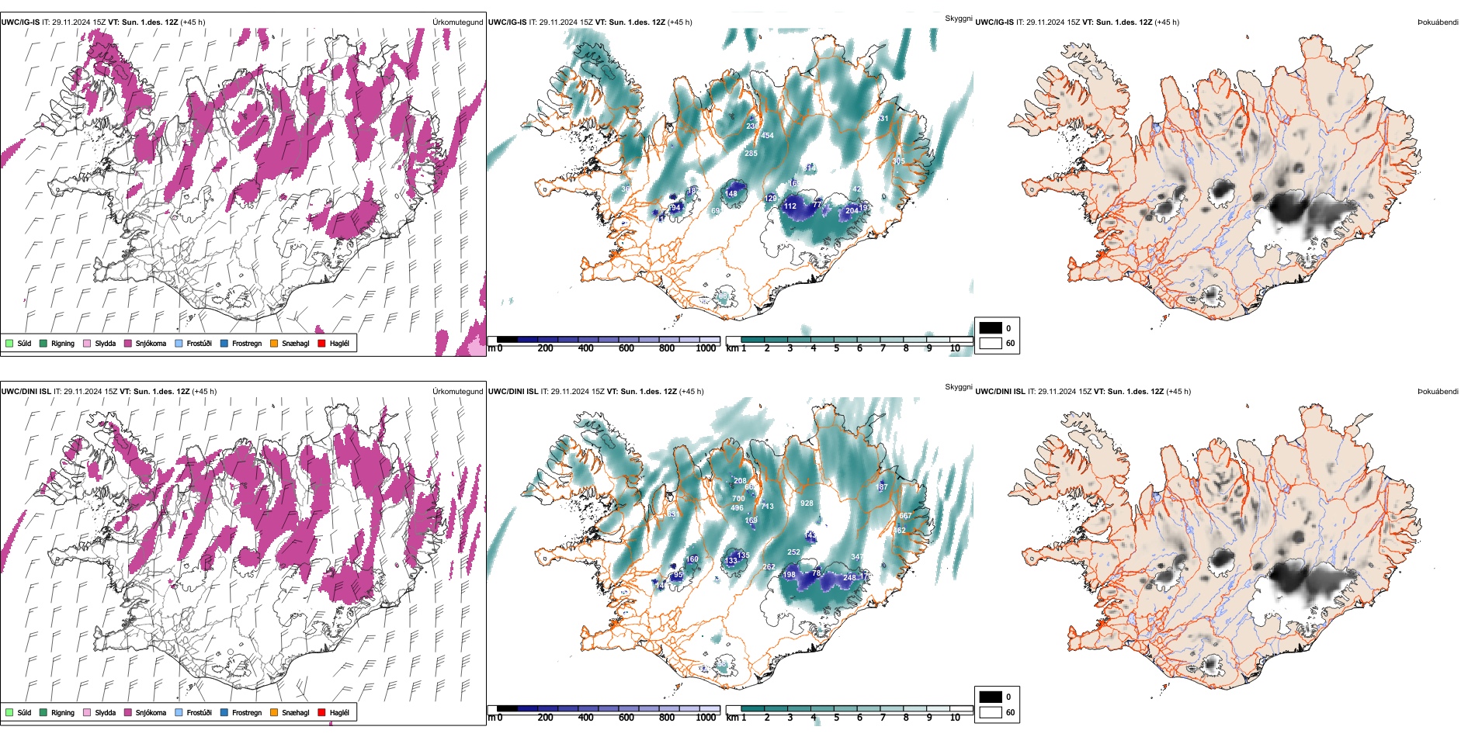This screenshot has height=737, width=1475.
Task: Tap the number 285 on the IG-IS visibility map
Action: (x=751, y=154)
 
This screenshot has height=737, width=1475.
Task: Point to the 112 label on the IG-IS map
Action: (x=790, y=206)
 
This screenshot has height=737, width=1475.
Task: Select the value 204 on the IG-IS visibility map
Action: (x=852, y=211)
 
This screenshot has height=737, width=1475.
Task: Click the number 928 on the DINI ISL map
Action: (x=807, y=503)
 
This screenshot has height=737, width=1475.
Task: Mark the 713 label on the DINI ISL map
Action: (x=767, y=507)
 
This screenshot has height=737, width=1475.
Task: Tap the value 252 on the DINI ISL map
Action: (x=793, y=552)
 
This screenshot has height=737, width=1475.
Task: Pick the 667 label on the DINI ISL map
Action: (x=905, y=516)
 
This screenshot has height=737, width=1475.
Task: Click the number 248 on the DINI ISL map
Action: (x=849, y=577)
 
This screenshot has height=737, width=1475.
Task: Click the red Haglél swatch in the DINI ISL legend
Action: (x=321, y=712)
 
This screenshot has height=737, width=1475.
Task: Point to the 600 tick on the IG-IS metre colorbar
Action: (x=626, y=348)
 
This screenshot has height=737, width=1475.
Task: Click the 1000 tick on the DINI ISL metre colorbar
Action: (x=706, y=718)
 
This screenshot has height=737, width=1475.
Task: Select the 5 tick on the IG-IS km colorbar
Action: (x=836, y=348)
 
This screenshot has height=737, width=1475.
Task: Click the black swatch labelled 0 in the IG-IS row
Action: (x=991, y=328)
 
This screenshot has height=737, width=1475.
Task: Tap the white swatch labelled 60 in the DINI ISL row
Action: (x=991, y=712)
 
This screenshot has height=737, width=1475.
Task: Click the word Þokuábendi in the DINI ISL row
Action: (x=1438, y=392)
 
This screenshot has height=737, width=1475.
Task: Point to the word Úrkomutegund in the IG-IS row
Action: (x=457, y=22)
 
